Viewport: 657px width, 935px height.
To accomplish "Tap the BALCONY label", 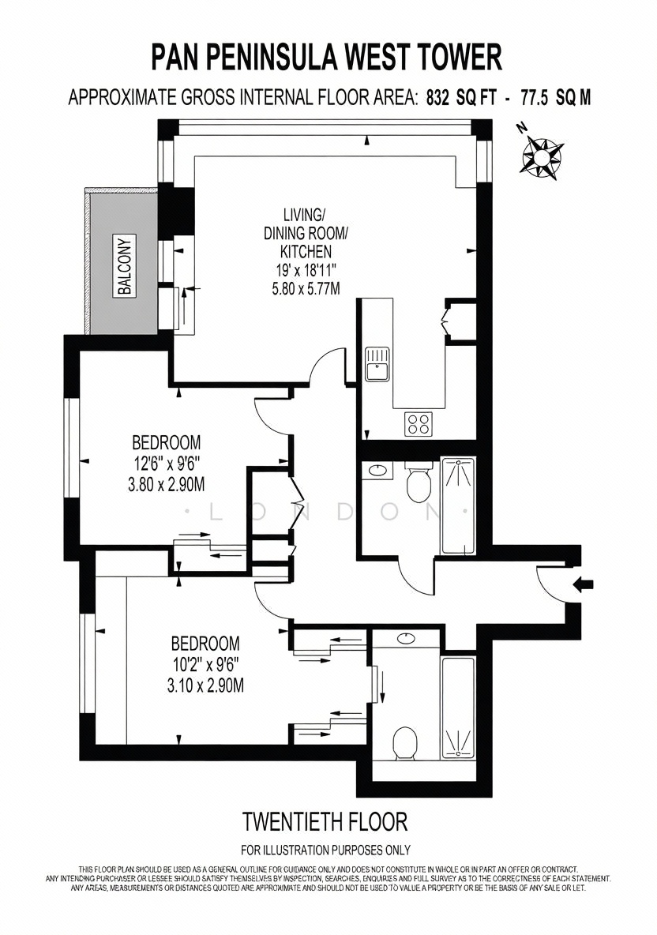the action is (126, 267).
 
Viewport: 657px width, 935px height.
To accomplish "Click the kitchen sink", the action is (377, 364).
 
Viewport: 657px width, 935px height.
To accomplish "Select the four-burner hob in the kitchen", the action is (419, 424).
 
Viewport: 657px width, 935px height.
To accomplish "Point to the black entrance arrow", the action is (583, 585).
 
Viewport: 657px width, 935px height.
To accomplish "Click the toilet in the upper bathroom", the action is (419, 483).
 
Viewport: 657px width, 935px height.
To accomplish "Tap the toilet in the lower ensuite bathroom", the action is (405, 743).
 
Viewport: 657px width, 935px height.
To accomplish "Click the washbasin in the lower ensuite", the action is (406, 639).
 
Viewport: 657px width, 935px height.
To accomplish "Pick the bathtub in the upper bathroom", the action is (458, 507).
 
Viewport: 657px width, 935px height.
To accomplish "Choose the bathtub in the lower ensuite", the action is (458, 708).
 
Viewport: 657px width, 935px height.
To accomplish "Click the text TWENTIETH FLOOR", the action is (325, 822).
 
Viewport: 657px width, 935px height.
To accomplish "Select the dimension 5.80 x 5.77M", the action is (306, 289).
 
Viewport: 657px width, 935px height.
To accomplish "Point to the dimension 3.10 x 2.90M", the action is (205, 685).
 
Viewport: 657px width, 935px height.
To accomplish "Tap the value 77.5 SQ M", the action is (556, 98).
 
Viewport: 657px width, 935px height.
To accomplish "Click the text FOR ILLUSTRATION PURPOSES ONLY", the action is (325, 850).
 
